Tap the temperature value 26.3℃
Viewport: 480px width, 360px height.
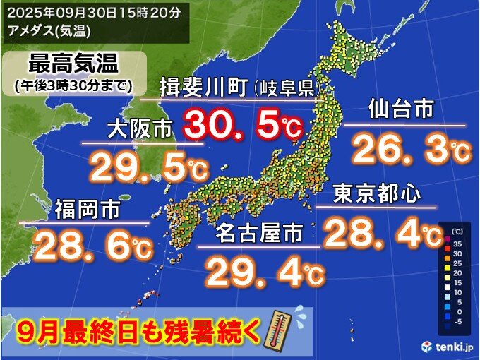tap(409, 149)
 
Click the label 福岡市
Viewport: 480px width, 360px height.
tap(88, 210)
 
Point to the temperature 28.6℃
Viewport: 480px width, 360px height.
tap(92, 246)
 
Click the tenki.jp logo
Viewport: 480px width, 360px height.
tap(449, 347)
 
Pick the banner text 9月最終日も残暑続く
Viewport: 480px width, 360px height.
tap(138, 330)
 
